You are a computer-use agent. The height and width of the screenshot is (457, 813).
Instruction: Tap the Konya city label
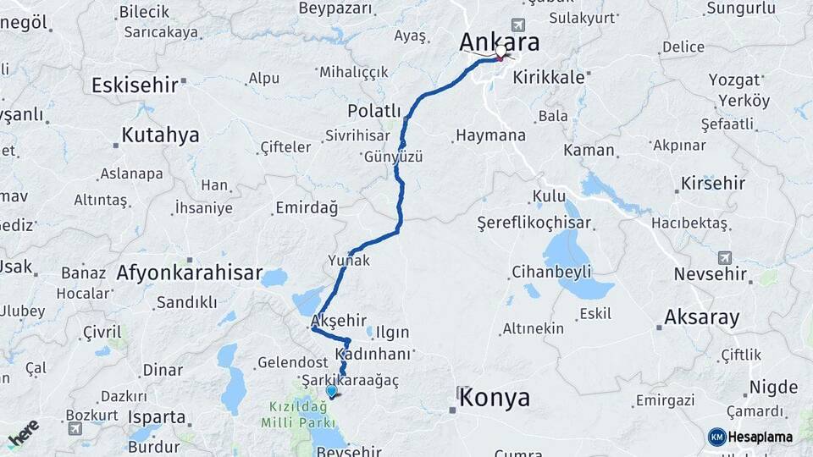click(x=494, y=398)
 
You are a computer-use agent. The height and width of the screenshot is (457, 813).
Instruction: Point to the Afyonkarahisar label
click(x=187, y=273)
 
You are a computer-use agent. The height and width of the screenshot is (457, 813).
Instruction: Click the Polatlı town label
click(x=373, y=111)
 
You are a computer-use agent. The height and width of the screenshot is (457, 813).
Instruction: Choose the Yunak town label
click(x=348, y=261)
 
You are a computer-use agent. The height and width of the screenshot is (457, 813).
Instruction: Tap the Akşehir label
click(x=339, y=320)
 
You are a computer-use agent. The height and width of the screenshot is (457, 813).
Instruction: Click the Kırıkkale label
click(x=555, y=76)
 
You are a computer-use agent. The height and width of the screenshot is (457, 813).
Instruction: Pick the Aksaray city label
click(x=701, y=317)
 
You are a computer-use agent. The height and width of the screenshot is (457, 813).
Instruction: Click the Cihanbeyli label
click(x=551, y=272)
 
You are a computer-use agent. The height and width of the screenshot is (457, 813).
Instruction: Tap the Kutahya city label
click(x=160, y=135)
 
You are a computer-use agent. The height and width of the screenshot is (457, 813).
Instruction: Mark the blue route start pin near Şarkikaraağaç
click(x=331, y=390)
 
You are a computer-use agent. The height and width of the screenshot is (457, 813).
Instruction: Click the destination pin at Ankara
click(x=501, y=53)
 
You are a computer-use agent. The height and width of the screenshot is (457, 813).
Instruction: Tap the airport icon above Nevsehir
click(x=724, y=256)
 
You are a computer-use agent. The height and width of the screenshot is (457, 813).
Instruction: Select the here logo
click(x=23, y=432)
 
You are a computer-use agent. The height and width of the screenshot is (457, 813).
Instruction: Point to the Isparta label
click(x=157, y=417)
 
